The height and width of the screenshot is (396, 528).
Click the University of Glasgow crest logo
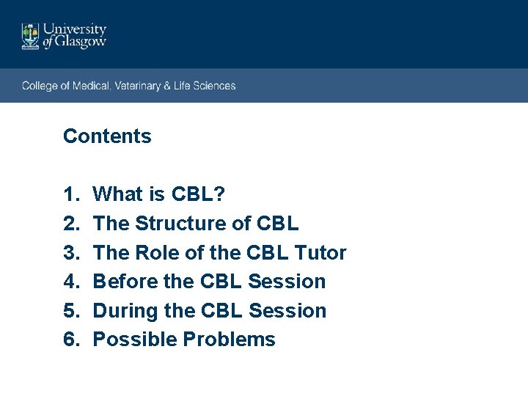30,36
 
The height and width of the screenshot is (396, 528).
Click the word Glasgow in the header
81,43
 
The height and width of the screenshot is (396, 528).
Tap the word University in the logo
75,29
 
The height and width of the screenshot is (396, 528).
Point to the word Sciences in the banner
214,86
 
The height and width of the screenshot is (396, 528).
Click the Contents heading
107,136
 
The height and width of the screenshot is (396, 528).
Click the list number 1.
70,194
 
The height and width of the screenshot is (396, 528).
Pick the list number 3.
70,253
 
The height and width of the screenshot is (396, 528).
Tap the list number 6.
70,340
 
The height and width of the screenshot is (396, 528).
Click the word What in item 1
117,194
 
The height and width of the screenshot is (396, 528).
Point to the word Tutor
320,253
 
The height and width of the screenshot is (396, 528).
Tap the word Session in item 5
287,311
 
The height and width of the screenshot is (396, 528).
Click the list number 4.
70,282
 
